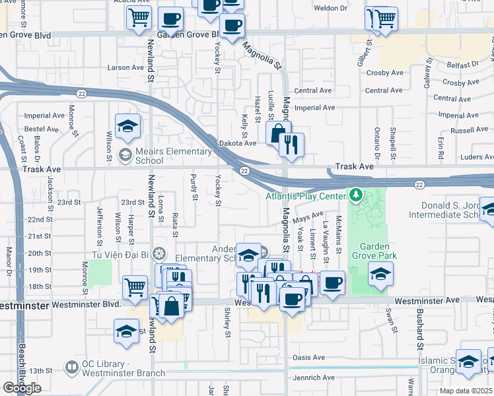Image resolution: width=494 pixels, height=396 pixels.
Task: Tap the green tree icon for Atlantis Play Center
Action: [x=356, y=195]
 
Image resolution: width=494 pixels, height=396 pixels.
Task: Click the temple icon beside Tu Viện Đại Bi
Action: [x=159, y=253]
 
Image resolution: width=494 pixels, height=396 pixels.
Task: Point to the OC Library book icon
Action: [x=71, y=366]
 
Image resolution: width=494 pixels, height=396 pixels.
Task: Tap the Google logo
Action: [x=22, y=388]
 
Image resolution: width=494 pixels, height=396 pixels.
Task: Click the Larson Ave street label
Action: [x=125, y=67]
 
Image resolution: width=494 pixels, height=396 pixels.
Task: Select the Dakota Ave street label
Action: [x=241, y=143]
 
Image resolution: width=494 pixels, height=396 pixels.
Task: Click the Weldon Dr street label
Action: [x=331, y=8]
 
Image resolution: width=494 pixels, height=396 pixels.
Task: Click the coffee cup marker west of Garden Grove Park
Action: [x=332, y=282]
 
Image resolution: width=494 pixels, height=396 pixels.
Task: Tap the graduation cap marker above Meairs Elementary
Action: [x=127, y=126]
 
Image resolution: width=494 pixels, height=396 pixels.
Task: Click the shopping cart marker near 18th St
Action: [x=135, y=287]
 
